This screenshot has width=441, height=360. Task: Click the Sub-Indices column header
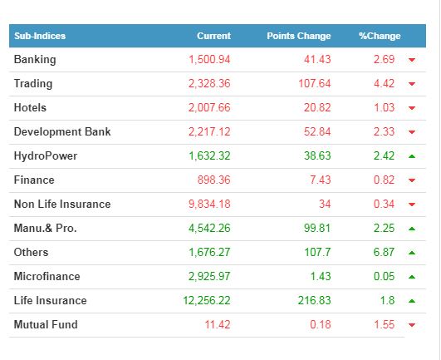coord(40,36)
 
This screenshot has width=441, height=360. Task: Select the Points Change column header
coord(299,36)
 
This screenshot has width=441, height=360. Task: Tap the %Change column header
coord(380,36)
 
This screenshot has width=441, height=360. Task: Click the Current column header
coord(213,36)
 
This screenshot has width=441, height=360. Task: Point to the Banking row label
coord(35,60)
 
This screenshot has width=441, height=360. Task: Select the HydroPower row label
coord(46,156)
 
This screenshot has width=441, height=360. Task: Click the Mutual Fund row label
coord(46,324)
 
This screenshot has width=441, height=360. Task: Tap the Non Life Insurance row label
coord(62,204)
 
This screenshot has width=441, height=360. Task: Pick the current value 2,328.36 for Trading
coord(209,84)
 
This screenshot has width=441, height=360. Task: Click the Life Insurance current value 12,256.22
coord(207,301)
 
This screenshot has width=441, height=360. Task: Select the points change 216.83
coord(315,301)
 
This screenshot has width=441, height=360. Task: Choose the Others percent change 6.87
coord(384,252)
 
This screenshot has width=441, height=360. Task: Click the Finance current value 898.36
coord(213,180)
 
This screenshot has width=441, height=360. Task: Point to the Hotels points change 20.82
coord(317,107)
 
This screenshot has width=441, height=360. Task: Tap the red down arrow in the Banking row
coord(412,60)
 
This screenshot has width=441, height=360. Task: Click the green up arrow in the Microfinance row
coord(412,277)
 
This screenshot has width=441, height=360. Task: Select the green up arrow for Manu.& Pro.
coord(412,229)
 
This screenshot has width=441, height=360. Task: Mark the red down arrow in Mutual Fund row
coord(412,325)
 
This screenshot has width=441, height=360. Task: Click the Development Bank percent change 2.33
coord(384,131)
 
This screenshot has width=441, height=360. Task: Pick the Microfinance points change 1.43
coord(321,276)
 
